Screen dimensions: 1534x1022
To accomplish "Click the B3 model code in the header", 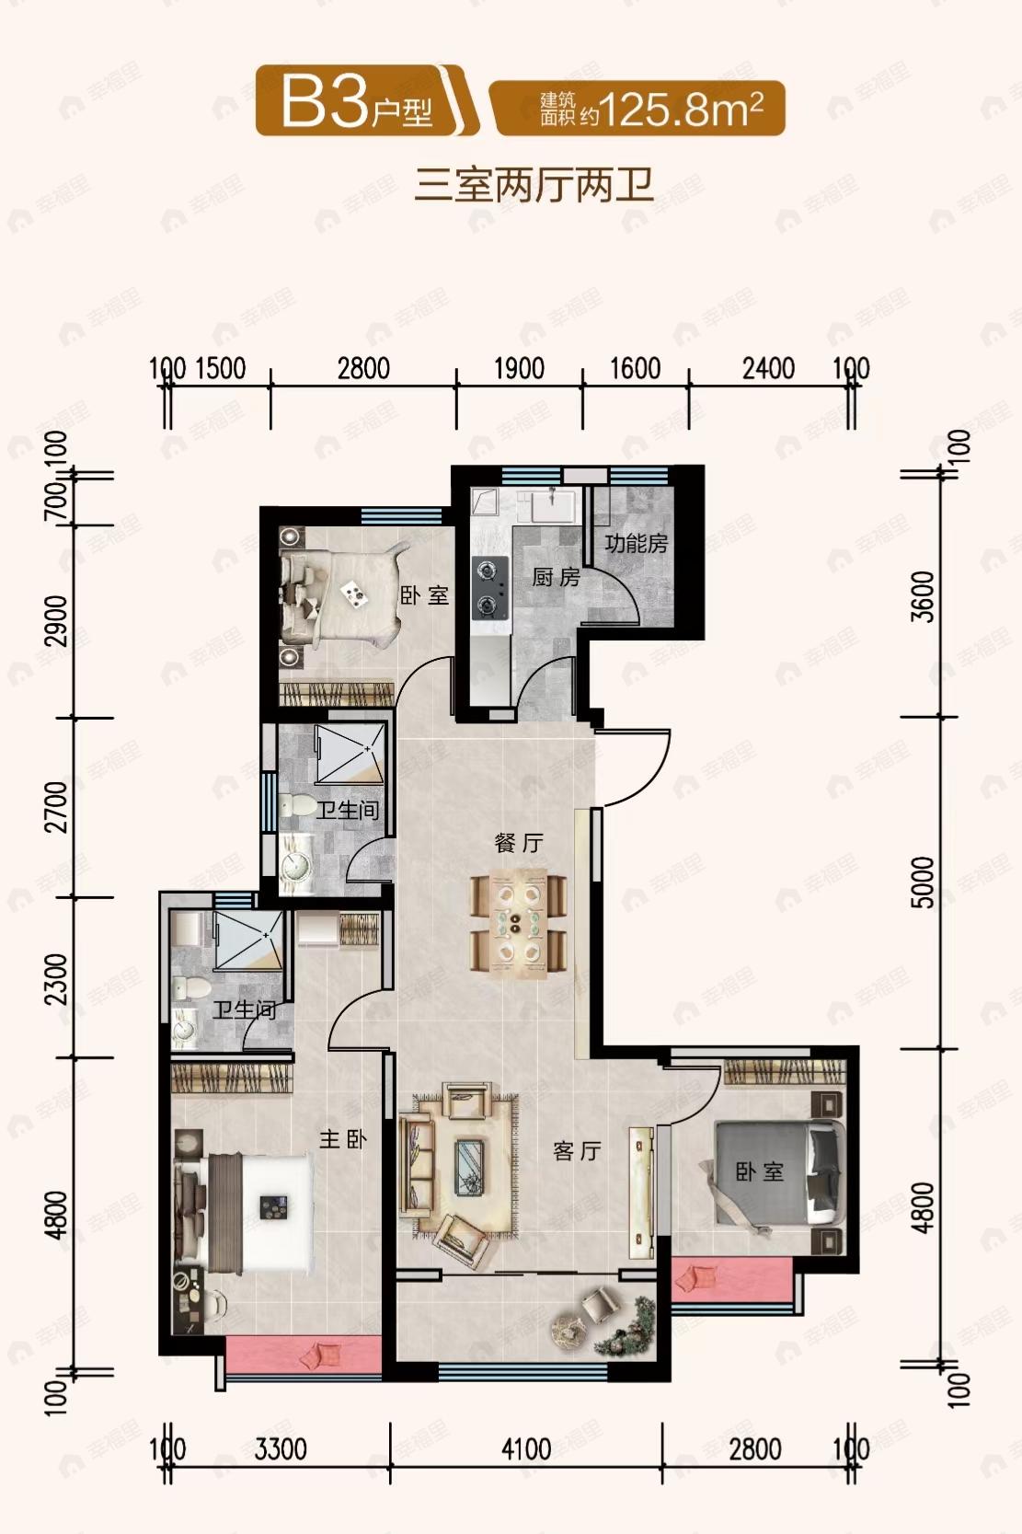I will (x=324, y=102).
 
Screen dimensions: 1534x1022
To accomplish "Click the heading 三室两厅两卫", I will (x=534, y=185).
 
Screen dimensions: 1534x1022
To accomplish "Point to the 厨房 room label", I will (x=556, y=577).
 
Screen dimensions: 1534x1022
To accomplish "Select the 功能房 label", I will (x=636, y=543).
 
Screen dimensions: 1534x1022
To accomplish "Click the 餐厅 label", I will (x=519, y=842).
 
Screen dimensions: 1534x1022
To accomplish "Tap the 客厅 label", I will (x=578, y=1150).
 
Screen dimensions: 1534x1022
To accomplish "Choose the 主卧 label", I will (x=342, y=1139).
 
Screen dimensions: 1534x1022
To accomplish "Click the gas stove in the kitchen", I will (x=488, y=587).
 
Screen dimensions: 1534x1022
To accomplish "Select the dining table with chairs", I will (x=518, y=920).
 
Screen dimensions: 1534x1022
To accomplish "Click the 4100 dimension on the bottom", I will (x=526, y=1449).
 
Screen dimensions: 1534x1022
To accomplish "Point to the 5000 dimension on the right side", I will (x=923, y=882).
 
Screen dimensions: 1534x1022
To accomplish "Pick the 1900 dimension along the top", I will (x=519, y=369).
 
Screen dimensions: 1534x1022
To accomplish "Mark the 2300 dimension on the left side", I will (x=56, y=978).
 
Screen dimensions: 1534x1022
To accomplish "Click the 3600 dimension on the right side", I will (x=923, y=595).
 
